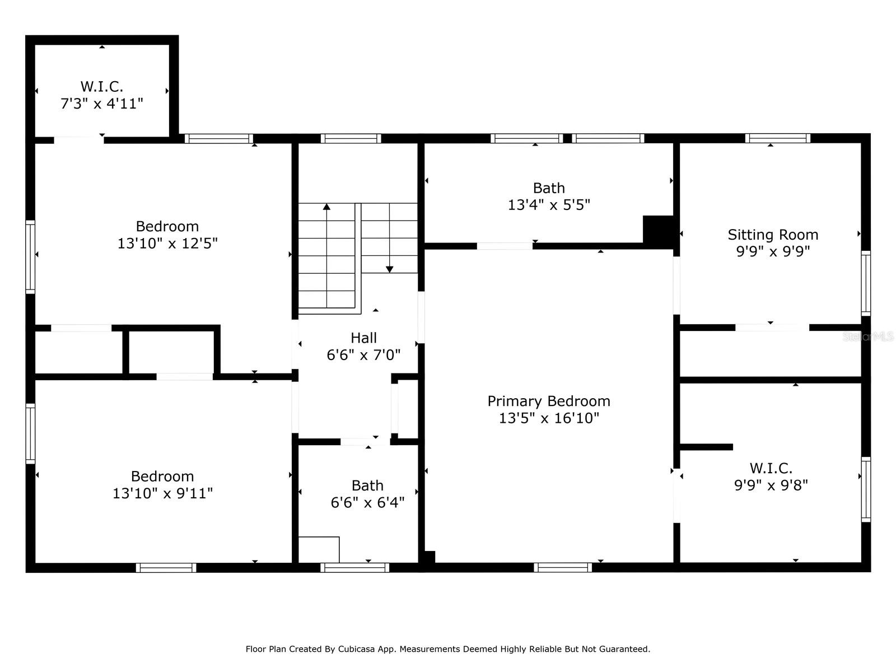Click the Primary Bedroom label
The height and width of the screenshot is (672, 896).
click(549, 401)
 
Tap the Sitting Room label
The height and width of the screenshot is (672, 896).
click(773, 235)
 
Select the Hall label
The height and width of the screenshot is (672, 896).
click(363, 338)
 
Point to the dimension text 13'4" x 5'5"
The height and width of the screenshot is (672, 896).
click(549, 204)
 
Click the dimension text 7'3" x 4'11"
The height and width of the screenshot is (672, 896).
click(102, 103)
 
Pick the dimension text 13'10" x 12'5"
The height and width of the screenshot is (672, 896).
click(167, 243)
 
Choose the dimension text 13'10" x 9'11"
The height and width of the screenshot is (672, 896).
click(162, 493)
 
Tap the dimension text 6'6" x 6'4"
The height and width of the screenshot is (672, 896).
click(367, 502)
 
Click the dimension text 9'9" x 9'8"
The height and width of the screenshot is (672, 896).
click(771, 485)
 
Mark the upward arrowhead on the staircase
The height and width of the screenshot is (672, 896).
click(326, 207)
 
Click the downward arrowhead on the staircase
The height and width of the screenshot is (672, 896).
click(389, 269)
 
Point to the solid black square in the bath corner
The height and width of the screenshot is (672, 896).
click(658, 230)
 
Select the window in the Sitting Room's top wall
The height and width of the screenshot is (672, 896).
click(778, 138)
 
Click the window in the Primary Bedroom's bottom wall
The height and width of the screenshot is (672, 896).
click(562, 567)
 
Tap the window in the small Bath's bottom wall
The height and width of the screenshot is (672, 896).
click(354, 567)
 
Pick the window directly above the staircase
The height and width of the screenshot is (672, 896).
click(351, 138)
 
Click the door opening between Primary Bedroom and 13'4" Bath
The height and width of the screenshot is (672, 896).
click(505, 246)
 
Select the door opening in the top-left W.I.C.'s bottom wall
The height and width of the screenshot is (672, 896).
click(79, 140)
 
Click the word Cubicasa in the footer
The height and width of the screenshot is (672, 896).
click(356, 649)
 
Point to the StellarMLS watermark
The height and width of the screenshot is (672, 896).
click(868, 337)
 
